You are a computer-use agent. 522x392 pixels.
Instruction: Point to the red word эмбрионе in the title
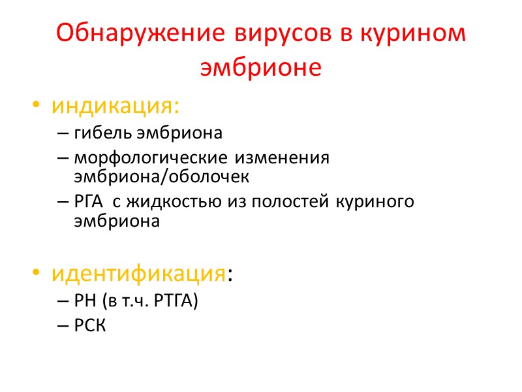tap(261, 68)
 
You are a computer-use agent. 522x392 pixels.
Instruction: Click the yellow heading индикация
tap(116, 105)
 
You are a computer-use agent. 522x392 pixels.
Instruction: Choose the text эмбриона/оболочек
tap(162, 177)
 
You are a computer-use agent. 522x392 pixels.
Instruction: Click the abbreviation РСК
tap(89, 326)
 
